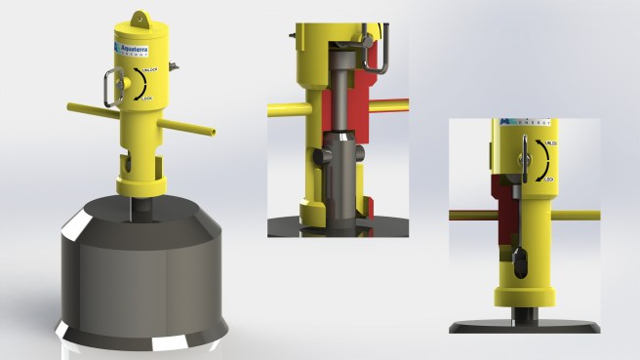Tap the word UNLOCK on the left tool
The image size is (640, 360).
(148, 73)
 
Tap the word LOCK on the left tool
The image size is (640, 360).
(148, 99)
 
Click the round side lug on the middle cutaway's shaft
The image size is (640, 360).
(325, 156)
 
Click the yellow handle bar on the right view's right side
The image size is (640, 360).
(576, 216)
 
